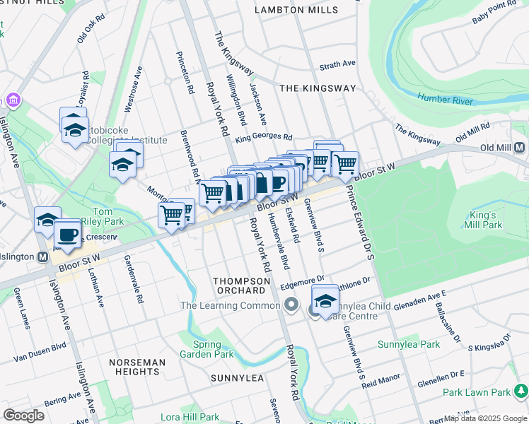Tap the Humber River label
(444, 100)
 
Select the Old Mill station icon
(520, 147)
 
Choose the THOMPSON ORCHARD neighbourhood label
(242, 285)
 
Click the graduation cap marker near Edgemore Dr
(325, 300)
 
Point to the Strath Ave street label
(337, 64)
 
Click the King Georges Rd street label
(264, 136)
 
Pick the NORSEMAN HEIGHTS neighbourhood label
(137, 367)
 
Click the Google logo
(23, 415)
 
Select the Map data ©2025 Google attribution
(484, 418)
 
